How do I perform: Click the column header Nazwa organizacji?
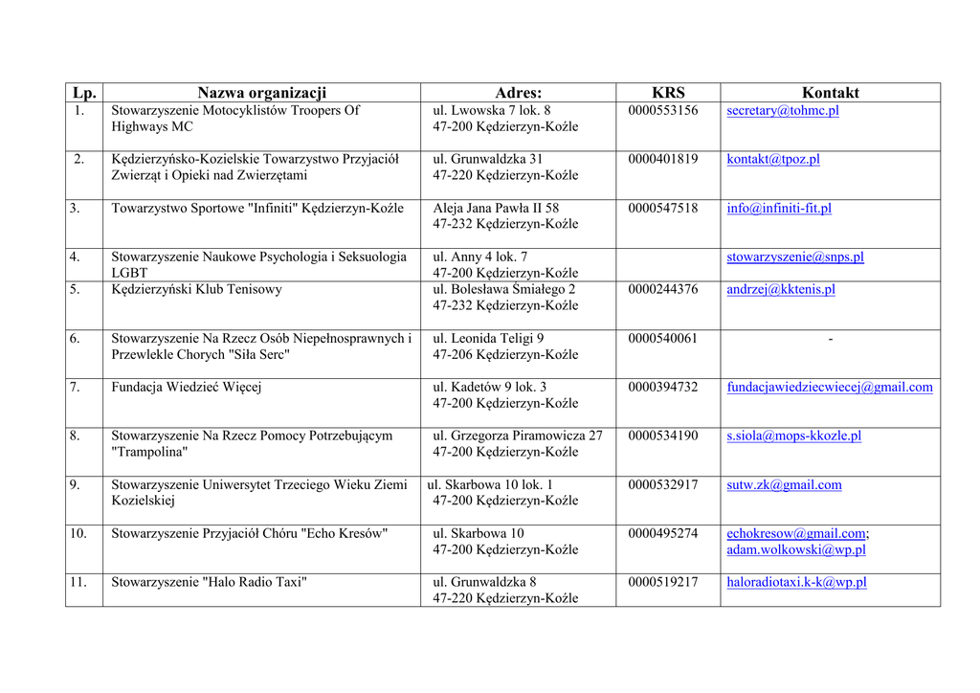click(261, 93)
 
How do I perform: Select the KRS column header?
click(668, 93)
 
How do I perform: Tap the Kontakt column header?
click(830, 93)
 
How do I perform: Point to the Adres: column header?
click(518, 93)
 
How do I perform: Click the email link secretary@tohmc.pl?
click(782, 111)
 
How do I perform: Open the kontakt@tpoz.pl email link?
click(772, 160)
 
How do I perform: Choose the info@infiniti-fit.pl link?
click(778, 209)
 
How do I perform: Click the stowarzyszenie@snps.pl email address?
click(794, 257)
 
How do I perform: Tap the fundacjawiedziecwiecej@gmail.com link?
click(829, 388)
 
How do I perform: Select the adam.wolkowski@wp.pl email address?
click(795, 550)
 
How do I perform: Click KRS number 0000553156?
click(662, 111)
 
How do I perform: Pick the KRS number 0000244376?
click(662, 290)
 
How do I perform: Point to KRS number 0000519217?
click(662, 582)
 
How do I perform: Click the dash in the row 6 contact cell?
click(830, 339)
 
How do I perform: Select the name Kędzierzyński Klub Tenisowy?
click(196, 290)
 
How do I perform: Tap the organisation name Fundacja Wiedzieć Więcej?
click(186, 388)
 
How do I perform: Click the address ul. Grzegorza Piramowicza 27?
click(518, 436)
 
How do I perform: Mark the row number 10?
click(78, 533)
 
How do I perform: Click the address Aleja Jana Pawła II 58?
click(496, 209)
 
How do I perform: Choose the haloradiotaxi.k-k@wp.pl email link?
click(796, 582)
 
